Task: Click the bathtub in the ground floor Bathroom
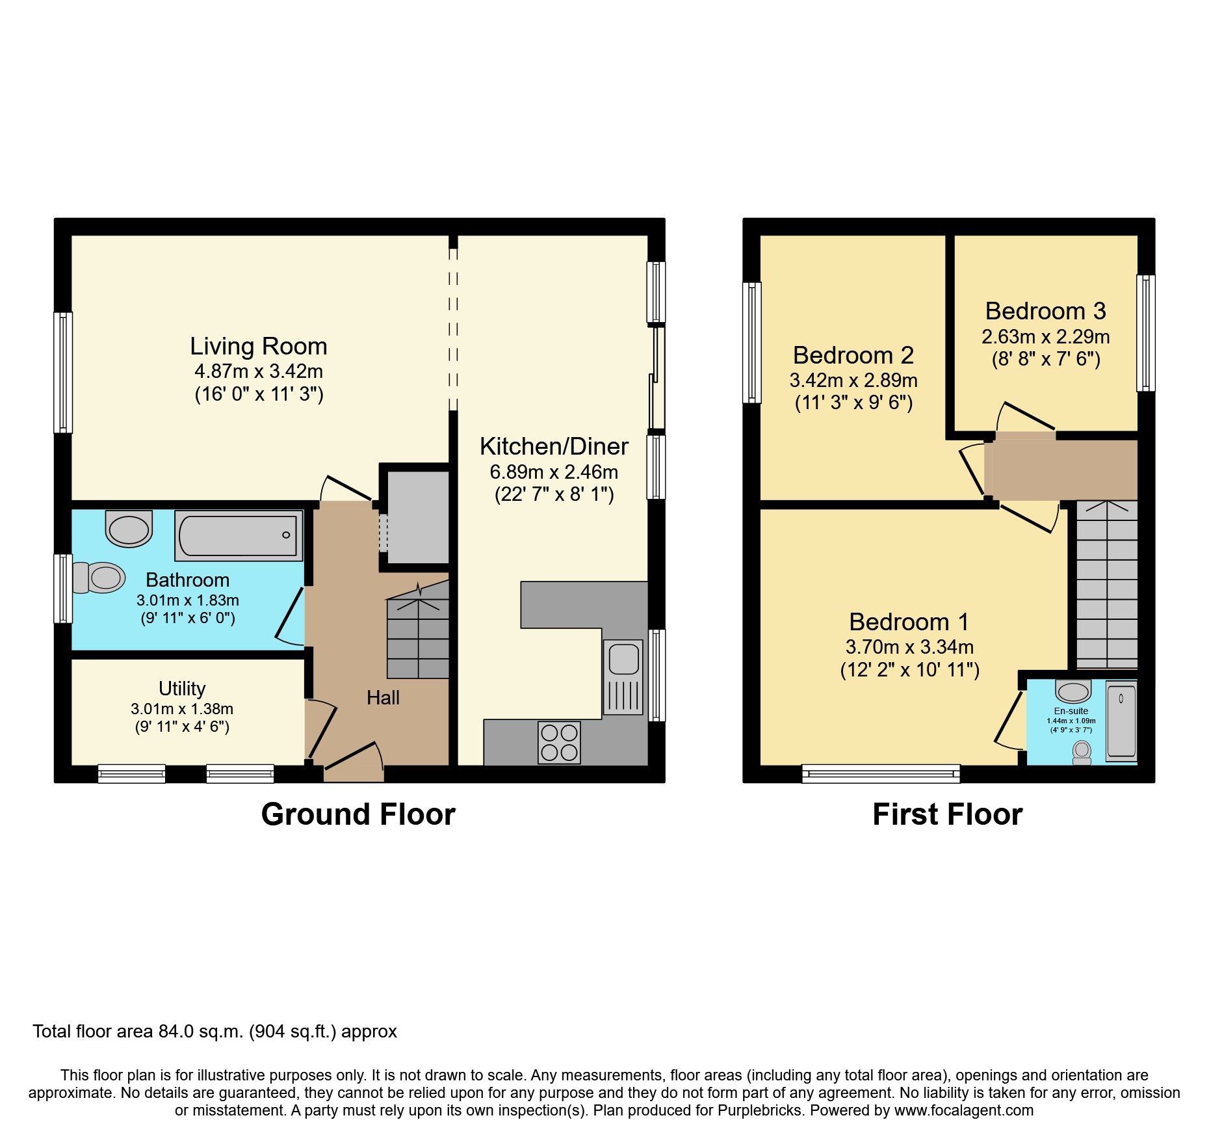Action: (239, 536)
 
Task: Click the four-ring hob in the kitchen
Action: (559, 743)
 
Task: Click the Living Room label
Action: (258, 346)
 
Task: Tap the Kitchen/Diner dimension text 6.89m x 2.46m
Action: (554, 472)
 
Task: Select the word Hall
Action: (383, 698)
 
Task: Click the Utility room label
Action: (182, 688)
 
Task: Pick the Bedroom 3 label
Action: (1045, 311)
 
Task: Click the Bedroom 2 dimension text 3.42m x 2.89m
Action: (853, 380)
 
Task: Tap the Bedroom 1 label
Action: (909, 622)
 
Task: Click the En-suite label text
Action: (1071, 711)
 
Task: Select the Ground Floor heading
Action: (358, 814)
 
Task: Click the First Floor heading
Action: (947, 814)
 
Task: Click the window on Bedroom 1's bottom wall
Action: (881, 773)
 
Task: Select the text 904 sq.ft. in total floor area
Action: (293, 1032)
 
